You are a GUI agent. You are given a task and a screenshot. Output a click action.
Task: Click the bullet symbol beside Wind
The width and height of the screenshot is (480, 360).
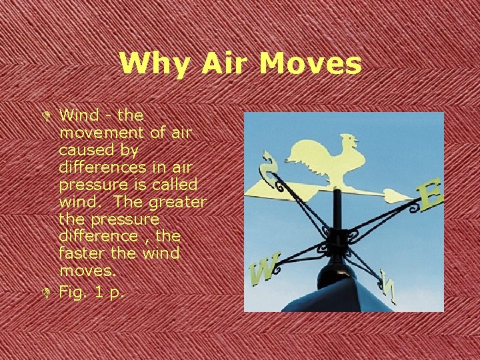tap(49, 117)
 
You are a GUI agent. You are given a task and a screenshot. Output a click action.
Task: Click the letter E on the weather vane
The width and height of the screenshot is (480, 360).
tap(429, 196)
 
